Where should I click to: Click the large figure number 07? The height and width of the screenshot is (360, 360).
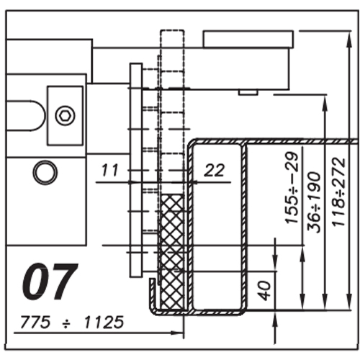50,282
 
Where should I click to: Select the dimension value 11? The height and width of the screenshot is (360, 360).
109,170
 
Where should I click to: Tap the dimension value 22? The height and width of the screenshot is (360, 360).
215,170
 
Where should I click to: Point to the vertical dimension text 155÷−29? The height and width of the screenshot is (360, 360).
292,188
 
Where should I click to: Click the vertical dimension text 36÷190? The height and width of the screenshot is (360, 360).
314,202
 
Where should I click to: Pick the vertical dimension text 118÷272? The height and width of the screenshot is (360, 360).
338,192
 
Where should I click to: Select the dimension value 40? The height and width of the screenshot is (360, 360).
265,291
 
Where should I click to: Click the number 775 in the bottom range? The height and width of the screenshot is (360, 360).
35,322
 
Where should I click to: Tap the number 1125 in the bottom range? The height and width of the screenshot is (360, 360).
104,322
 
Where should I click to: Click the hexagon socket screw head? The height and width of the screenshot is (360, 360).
65,116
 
